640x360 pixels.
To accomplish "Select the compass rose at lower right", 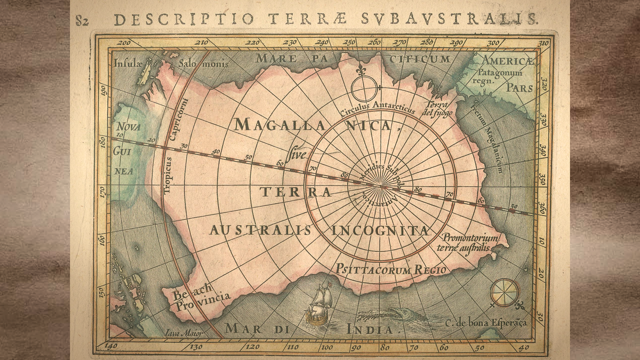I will tap(504, 293).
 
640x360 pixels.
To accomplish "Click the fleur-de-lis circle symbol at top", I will tap(363, 85).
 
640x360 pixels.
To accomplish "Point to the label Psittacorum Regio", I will tap(391, 270).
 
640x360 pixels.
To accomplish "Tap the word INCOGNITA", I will tap(380, 230).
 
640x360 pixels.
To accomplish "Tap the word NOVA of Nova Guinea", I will tap(128, 127).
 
